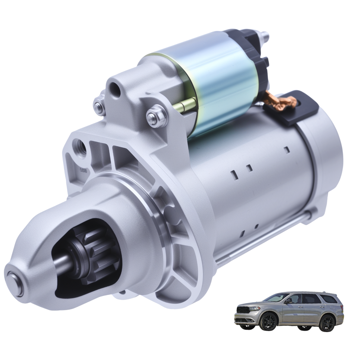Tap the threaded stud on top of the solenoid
tap(264, 36)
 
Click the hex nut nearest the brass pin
tap(157, 116)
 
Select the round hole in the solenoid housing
tap(115, 90)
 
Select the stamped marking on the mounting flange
tap(83, 171)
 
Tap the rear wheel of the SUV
tap(327, 322)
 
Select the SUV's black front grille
tap(243, 310)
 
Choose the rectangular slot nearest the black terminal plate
tap(287, 150)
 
